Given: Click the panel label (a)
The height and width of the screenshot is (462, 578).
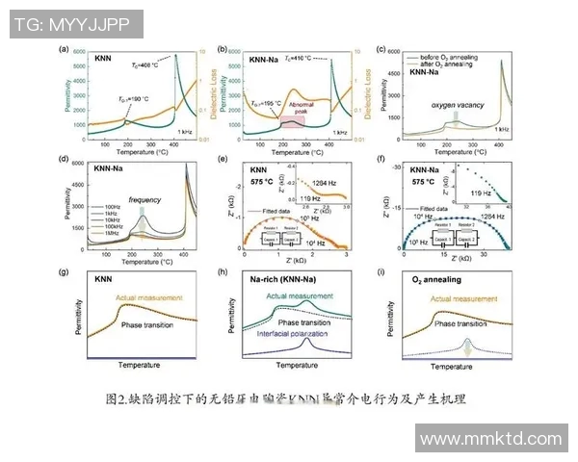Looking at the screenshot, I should point(66,48).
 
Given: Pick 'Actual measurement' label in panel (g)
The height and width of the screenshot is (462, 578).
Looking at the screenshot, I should point(149,299).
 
